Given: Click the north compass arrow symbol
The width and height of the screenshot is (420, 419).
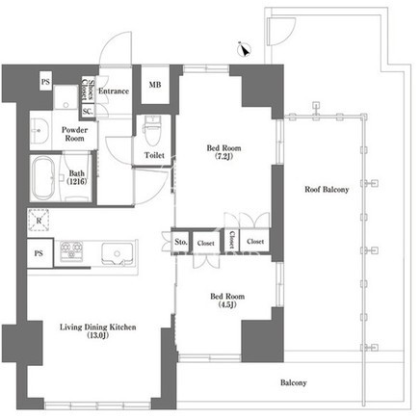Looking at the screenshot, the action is point(244,49).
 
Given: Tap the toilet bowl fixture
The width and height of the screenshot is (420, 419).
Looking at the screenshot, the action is point(154,130).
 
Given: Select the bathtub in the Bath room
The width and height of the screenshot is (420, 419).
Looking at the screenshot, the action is point(44,177).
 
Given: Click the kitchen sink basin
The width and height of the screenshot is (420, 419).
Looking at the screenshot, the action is point(118,254).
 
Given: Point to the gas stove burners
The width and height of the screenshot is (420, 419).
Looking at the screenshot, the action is point(71,250).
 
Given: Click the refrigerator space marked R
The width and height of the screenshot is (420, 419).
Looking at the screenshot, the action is point(39,221).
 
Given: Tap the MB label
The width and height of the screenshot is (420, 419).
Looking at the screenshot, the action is point(155,85).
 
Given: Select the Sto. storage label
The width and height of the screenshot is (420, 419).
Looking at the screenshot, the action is point(181,242).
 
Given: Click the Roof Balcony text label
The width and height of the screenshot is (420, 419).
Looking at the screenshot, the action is point(327,190).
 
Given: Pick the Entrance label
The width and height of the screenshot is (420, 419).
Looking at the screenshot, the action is point(114,92).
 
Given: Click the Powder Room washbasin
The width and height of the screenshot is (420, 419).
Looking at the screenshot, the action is point(40,130).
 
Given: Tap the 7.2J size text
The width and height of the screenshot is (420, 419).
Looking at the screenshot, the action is point(224,157).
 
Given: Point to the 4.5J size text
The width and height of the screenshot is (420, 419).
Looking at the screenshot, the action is point(227,304).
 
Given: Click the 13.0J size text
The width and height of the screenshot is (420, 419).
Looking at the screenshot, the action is point(98,336).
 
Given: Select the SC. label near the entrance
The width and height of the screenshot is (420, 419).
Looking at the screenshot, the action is point(88,112).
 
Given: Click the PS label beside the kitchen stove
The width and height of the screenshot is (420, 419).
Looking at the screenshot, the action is point(39,253).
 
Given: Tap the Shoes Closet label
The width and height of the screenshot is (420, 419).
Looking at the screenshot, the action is point(88,90).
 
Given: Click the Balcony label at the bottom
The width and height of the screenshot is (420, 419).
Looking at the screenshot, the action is point(294,382).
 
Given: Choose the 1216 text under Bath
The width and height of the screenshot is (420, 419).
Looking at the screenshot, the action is point(77,182).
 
